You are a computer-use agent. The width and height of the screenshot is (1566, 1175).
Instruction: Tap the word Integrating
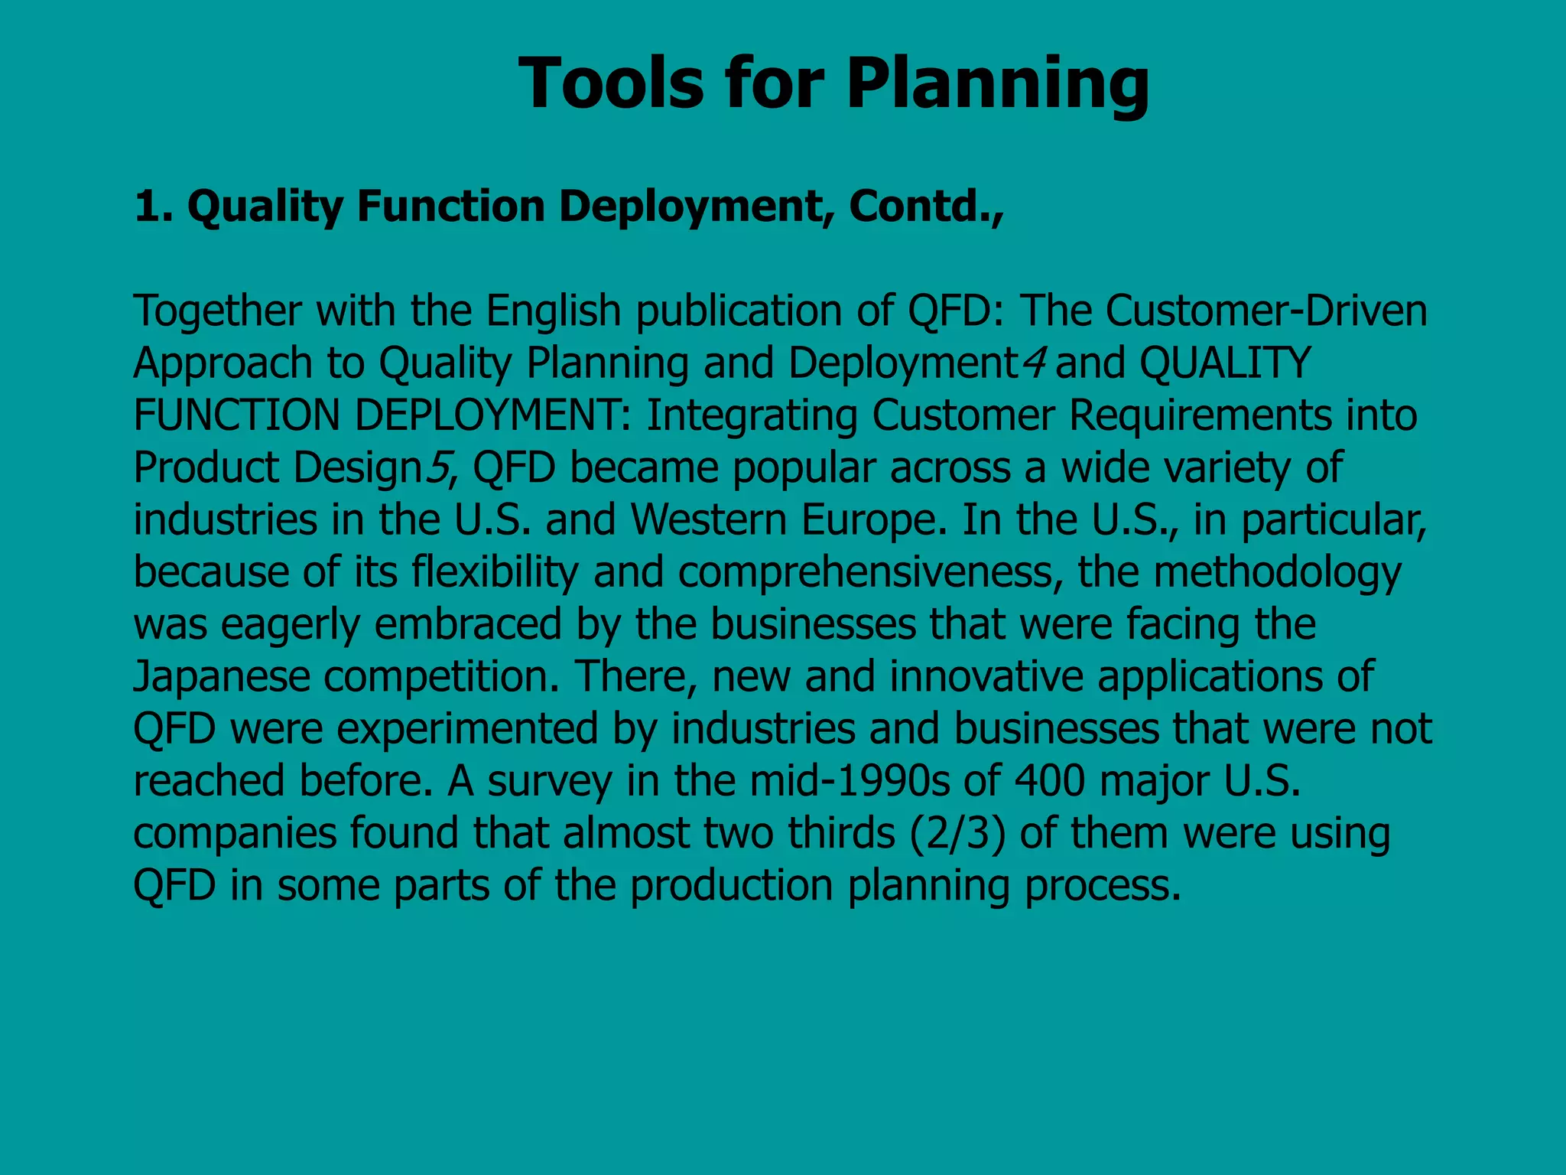[752, 415]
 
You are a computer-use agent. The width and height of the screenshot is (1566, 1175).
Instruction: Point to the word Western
[709, 520]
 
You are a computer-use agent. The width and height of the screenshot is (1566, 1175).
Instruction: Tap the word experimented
[467, 729]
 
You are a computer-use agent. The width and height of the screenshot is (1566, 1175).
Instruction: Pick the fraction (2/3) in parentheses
[957, 834]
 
